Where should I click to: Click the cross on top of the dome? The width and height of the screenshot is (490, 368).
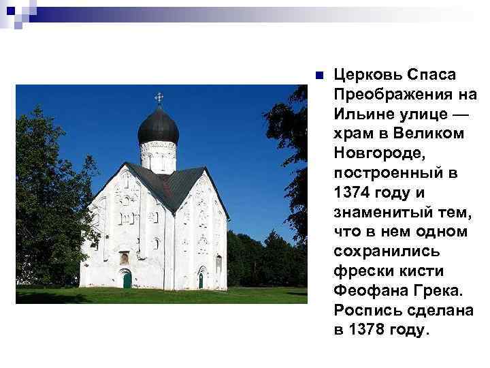pyautogui.click(x=159, y=97)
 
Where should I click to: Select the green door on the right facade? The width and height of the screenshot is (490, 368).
pyautogui.click(x=201, y=279)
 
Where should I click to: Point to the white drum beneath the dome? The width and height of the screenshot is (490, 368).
pyautogui.click(x=159, y=156)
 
